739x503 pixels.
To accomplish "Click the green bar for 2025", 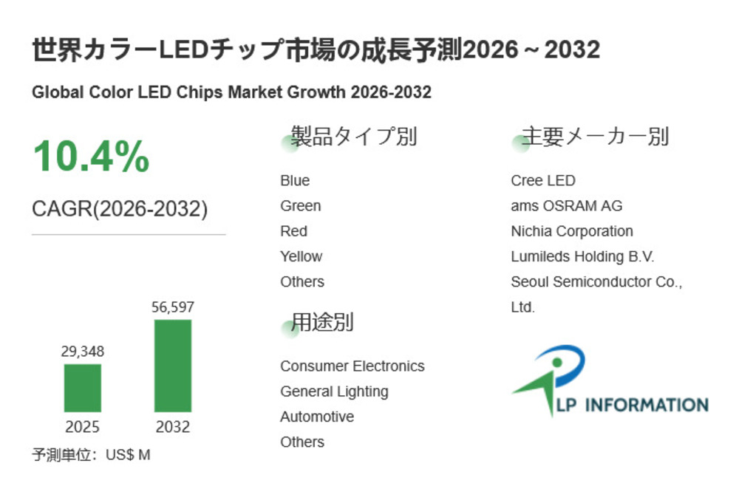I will point(83,388).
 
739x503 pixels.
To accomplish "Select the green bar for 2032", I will point(173,366).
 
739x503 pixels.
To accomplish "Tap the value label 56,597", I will point(173,307).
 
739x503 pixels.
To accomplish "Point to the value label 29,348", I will point(83,352).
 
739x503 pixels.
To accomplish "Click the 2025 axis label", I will point(83,427).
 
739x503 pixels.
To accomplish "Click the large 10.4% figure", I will point(91,157).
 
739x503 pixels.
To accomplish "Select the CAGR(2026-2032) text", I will point(120,209).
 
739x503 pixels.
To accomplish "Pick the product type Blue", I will point(295,181).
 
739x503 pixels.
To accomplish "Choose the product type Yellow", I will point(301,256).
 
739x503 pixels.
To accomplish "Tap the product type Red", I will point(293,231).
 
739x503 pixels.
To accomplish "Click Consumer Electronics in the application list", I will point(352,366).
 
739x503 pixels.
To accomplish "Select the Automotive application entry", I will point(316,417).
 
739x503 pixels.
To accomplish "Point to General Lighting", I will point(334,391).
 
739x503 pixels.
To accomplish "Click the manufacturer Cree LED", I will point(542,181).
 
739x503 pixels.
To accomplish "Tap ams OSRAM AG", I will point(566,206).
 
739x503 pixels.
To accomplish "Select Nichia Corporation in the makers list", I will point(571,231).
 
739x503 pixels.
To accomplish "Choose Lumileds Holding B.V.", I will point(582,256).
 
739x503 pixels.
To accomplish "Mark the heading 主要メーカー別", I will point(595,137).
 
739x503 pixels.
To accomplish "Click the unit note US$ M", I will point(128,455).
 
